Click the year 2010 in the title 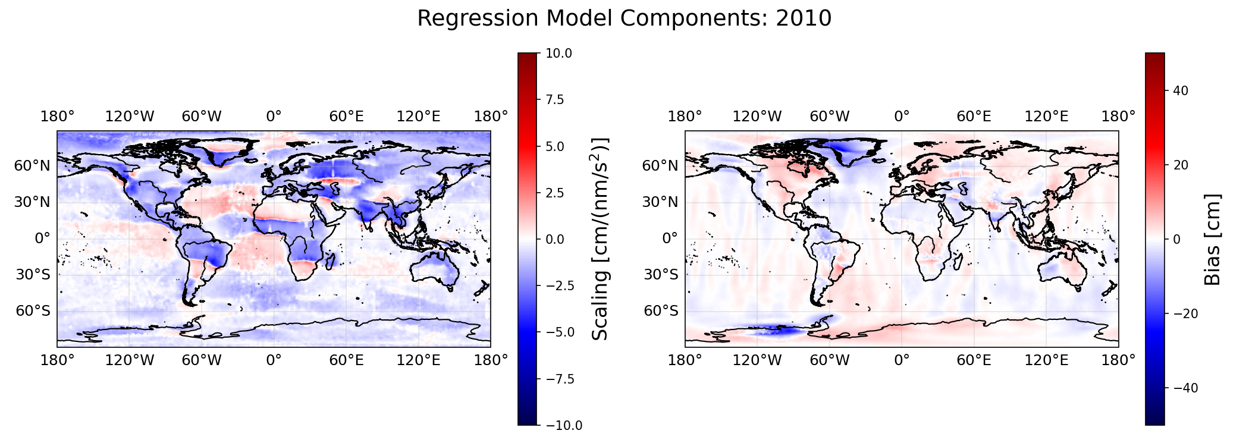[804, 18]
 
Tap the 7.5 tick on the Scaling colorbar [554, 99]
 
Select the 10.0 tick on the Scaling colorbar [558, 54]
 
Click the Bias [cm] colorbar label [1212, 239]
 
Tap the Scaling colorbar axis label [601, 239]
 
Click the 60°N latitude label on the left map [32, 166]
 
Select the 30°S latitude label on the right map [660, 275]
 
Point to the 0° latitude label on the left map [42, 239]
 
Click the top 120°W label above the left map [130, 117]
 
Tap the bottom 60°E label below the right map [974, 360]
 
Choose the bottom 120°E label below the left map [419, 360]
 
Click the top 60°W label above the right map [830, 117]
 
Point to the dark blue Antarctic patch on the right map [776, 331]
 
